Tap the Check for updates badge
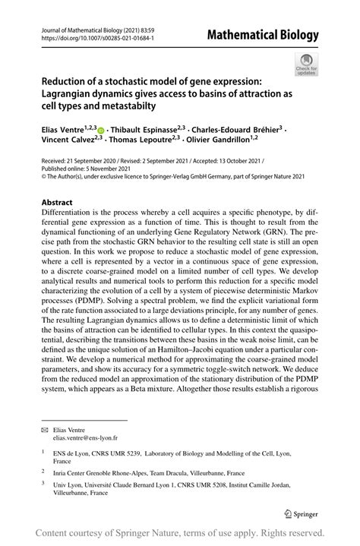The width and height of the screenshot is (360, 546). [x=307, y=64]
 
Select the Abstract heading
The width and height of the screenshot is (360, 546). [x=57, y=203]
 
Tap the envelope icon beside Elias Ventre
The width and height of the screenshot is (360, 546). [x=44, y=429]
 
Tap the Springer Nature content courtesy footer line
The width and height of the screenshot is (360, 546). [x=180, y=534]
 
